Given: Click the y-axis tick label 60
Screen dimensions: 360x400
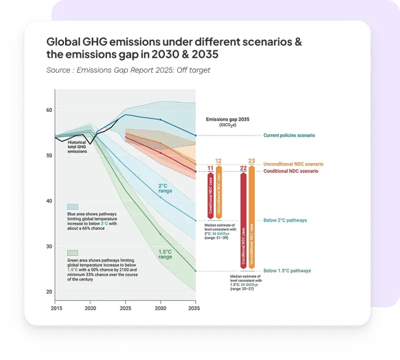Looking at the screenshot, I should (x=49, y=110).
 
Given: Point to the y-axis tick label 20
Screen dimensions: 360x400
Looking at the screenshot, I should (x=49, y=291).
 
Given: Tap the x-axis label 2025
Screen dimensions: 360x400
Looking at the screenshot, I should (x=126, y=308).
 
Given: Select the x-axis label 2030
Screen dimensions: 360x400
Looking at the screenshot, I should (x=160, y=308).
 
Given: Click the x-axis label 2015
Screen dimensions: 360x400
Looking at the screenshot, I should (x=56, y=308).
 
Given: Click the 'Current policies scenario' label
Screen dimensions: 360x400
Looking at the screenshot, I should (x=289, y=135).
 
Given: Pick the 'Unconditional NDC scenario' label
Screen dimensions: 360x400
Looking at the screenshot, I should (x=293, y=164).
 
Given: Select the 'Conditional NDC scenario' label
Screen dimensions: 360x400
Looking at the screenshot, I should (x=290, y=171).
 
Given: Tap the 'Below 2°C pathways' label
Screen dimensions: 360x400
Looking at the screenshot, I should (x=285, y=220).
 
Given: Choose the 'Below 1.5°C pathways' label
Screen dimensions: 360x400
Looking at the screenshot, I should (x=287, y=271).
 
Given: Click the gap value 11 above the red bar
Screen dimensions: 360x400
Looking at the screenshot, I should (x=210, y=168).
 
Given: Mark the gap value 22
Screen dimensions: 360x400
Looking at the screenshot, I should (x=243, y=168).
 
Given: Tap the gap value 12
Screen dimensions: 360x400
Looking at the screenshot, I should (x=218, y=161).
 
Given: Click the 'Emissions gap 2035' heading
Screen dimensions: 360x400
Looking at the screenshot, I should (x=228, y=119).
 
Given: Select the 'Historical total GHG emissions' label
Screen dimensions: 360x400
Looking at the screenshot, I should (x=77, y=146).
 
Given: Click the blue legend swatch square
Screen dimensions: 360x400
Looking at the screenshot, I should (x=73, y=207).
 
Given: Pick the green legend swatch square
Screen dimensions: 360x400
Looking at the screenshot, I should (x=73, y=252).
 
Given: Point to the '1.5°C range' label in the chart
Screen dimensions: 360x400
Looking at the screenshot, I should (x=165, y=254).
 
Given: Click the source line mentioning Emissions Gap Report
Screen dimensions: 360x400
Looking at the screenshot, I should (x=128, y=70).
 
